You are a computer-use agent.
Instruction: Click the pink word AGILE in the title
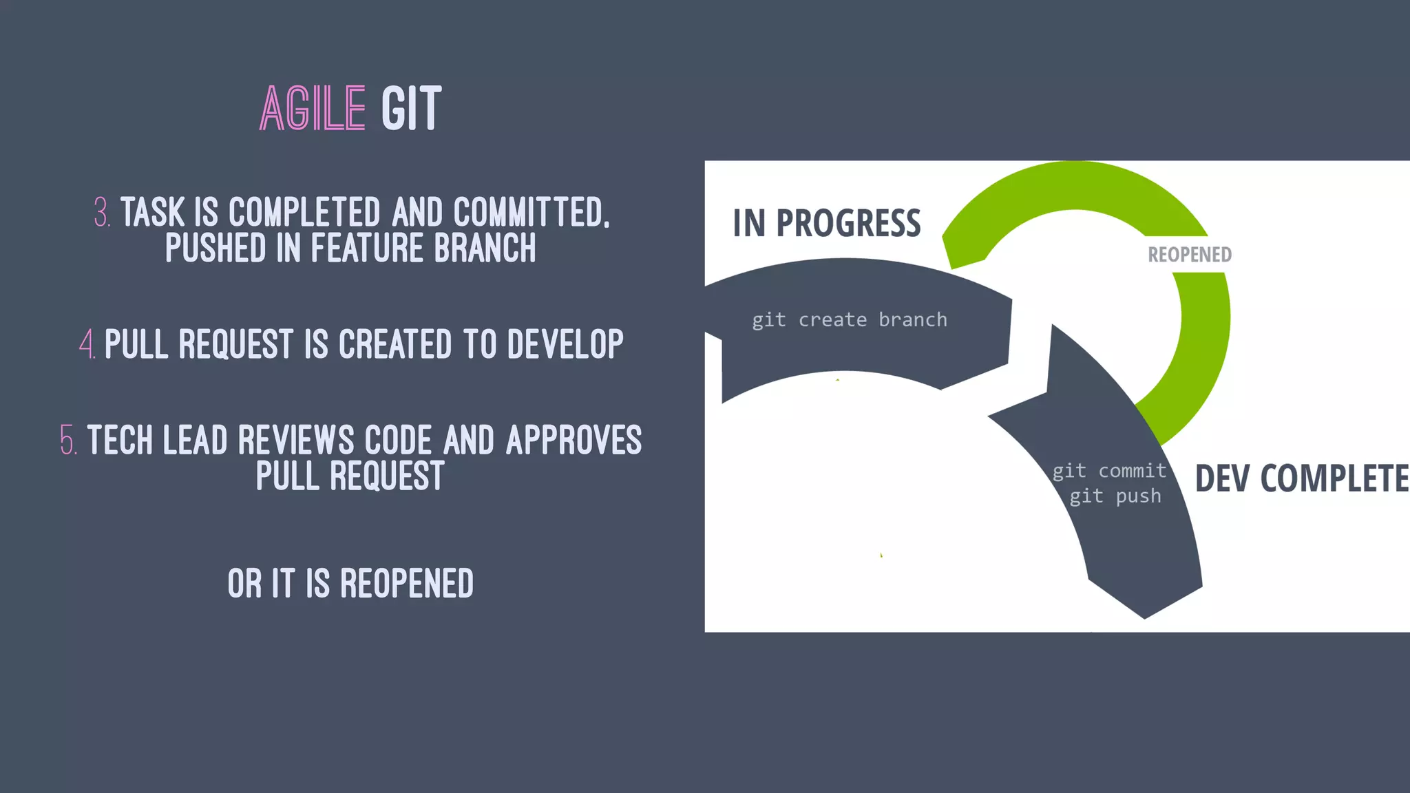pos(312,109)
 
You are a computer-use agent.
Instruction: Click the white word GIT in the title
pos(411,109)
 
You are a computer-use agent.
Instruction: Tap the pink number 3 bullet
pos(102,212)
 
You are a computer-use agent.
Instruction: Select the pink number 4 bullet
pos(87,343)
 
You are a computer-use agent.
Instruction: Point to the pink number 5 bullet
pos(68,440)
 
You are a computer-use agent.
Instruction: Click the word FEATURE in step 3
pos(366,248)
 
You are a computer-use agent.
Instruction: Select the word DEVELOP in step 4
pos(565,343)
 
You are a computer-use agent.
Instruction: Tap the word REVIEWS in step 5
pos(295,440)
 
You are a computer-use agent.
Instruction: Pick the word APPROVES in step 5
pos(574,440)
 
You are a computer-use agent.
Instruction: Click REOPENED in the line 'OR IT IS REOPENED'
pos(406,584)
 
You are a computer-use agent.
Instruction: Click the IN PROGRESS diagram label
pos(826,224)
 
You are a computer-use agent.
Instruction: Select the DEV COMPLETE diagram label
pos(1301,478)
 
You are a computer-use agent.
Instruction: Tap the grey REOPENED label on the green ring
pos(1189,255)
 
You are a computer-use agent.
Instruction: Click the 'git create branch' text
pos(849,320)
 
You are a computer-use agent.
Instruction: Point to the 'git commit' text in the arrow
pos(1109,471)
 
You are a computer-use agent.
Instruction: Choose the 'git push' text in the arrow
pos(1115,496)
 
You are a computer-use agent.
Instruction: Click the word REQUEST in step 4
pos(235,343)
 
